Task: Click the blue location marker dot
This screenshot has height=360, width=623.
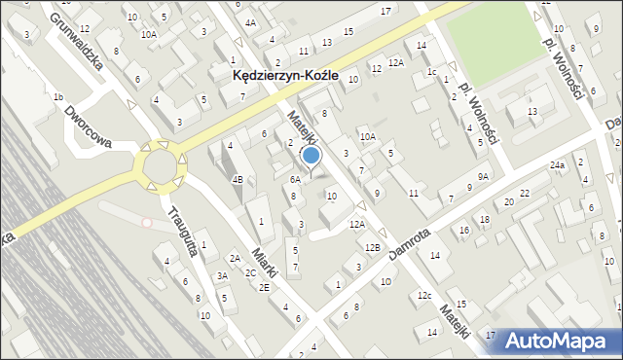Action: (x=311, y=154)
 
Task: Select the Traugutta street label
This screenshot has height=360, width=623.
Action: (x=182, y=231)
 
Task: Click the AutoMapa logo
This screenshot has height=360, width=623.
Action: (x=562, y=341)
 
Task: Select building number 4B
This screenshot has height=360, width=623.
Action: (x=237, y=179)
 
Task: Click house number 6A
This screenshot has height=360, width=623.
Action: (x=294, y=179)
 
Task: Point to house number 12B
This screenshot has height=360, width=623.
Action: (x=373, y=247)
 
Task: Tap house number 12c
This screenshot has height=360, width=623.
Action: (x=423, y=295)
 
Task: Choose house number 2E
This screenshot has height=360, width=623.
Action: (x=264, y=287)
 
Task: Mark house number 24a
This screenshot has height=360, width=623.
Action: (x=557, y=165)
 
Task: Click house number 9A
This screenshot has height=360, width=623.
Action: (x=483, y=176)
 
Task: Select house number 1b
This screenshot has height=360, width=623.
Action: (x=58, y=97)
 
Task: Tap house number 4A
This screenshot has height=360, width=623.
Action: (x=251, y=22)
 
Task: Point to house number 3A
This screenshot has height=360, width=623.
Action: (x=222, y=276)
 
